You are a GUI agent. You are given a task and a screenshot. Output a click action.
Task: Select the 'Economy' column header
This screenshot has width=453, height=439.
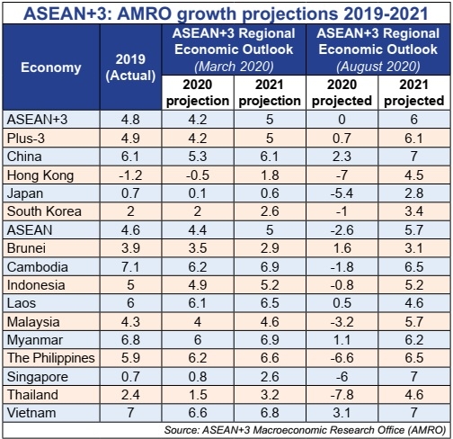[50, 67]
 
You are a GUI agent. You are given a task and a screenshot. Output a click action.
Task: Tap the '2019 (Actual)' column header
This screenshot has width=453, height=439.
[130, 67]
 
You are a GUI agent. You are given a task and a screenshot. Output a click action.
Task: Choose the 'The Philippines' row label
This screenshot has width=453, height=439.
[51, 357]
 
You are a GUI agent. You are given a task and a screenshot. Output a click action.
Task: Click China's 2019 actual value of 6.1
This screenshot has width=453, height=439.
[130, 156]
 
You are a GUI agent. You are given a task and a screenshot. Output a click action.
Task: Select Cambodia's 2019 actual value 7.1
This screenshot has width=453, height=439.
[130, 265]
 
